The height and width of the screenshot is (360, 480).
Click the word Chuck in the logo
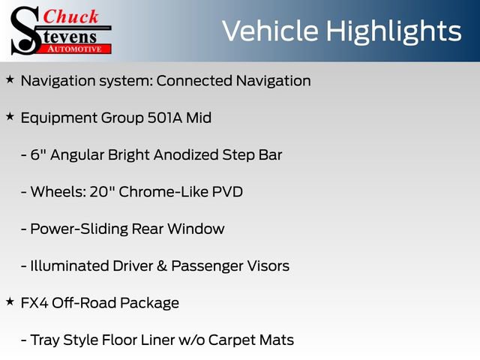[70, 16]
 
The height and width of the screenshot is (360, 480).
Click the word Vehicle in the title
[270, 31]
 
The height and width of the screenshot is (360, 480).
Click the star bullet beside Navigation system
[10, 79]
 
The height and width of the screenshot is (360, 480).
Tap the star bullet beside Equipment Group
[10, 116]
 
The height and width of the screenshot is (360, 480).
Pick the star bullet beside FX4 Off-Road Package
[10, 301]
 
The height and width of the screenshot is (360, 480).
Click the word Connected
[194, 81]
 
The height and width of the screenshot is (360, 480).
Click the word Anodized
[186, 155]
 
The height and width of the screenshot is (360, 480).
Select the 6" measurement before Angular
[38, 155]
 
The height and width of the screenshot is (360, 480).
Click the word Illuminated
[70, 266]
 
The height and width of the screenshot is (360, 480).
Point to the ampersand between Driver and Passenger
[162, 266]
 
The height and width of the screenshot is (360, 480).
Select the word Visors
[268, 266]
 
